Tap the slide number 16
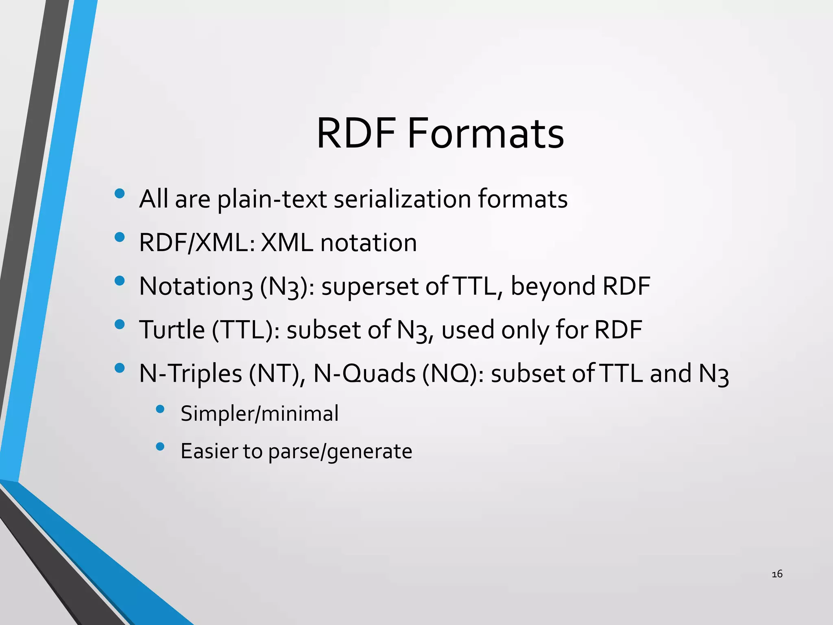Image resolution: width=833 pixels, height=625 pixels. coord(777,574)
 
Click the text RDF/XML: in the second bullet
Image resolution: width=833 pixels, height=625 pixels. coord(197,243)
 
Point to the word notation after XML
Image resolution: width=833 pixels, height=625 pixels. coord(369,243)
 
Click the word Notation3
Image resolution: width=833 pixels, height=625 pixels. coord(196,286)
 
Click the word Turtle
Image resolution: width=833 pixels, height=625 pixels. coord(172,330)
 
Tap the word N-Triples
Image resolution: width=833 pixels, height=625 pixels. coord(190,374)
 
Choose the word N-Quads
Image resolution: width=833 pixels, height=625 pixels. coord(364,374)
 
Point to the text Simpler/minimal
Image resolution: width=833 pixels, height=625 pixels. coord(259,414)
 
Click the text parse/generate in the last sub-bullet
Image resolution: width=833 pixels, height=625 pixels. coord(340,451)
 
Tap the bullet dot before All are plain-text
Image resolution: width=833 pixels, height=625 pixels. coord(120,194)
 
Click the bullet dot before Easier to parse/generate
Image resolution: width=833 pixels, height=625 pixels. coord(160,447)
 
